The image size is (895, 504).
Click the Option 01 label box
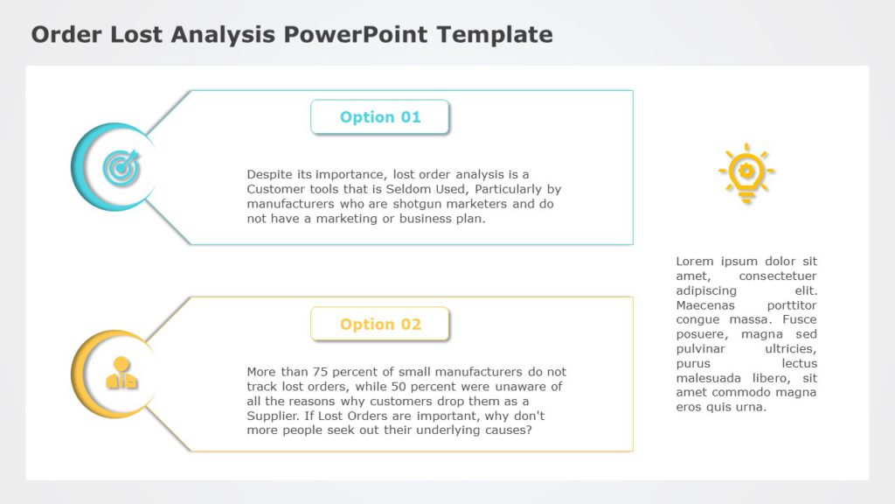[379, 117]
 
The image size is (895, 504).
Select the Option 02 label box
[379, 325]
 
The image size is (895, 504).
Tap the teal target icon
[121, 167]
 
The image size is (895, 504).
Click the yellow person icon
[121, 374]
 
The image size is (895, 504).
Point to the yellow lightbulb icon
[746, 172]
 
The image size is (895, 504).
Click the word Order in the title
[66, 34]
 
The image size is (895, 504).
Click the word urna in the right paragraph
[752, 407]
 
